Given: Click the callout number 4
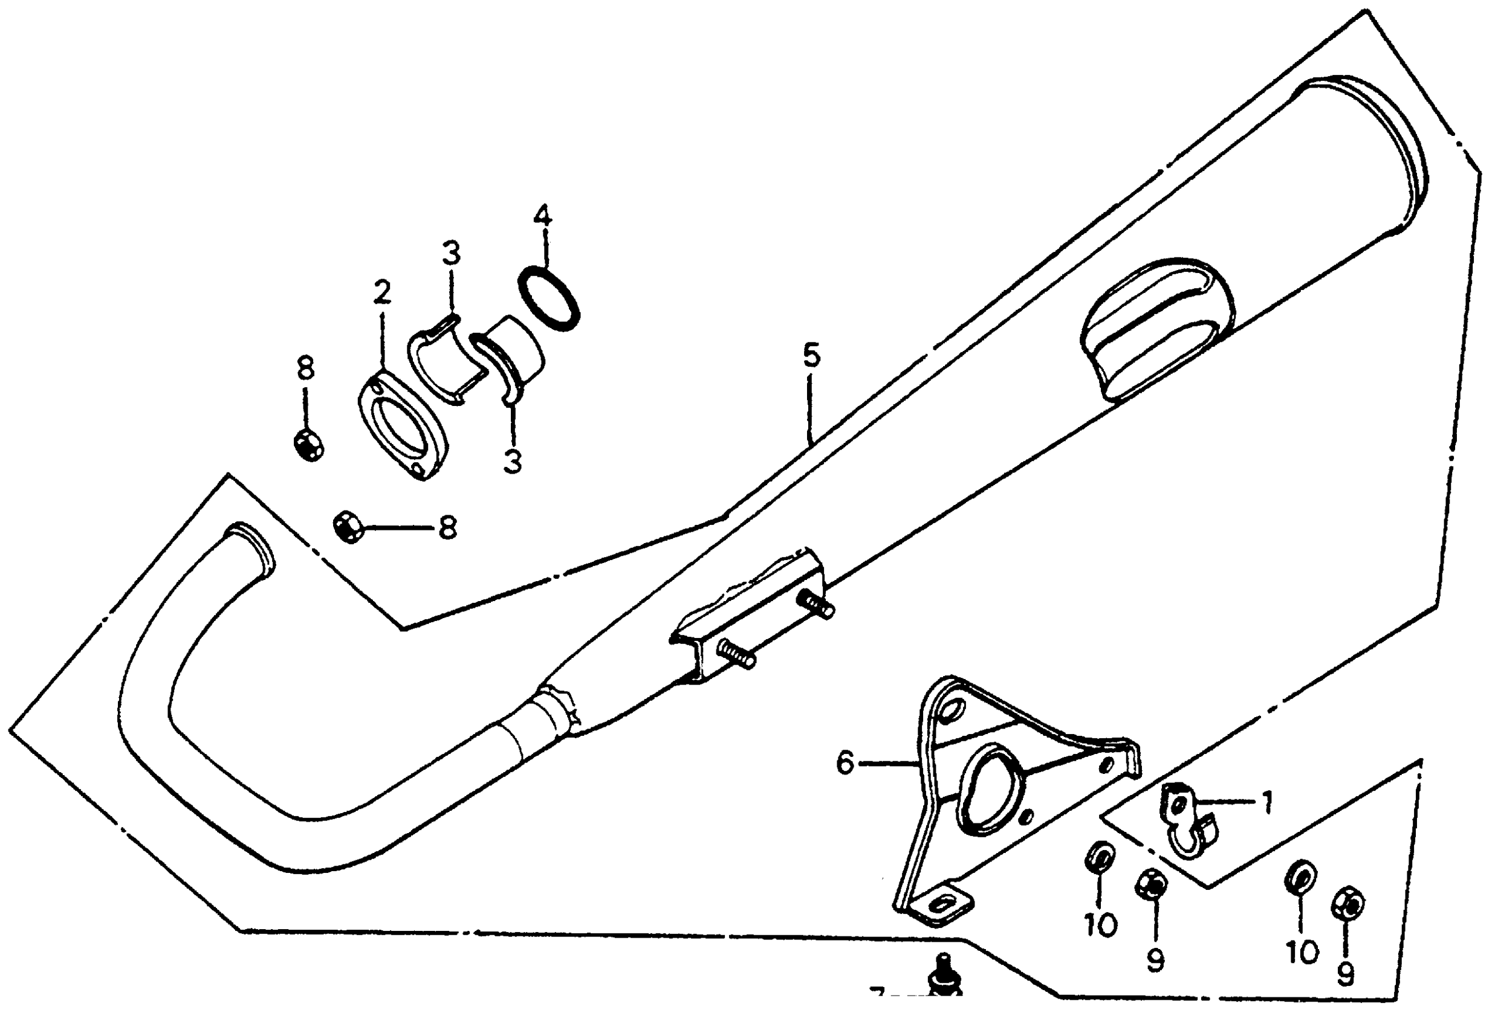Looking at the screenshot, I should (543, 216).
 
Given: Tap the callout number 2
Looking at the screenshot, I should (382, 294).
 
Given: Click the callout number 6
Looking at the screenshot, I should (845, 763).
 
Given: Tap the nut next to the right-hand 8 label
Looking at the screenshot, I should (348, 527).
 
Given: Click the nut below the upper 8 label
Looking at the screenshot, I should (308, 445).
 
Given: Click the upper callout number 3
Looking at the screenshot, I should (452, 254).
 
